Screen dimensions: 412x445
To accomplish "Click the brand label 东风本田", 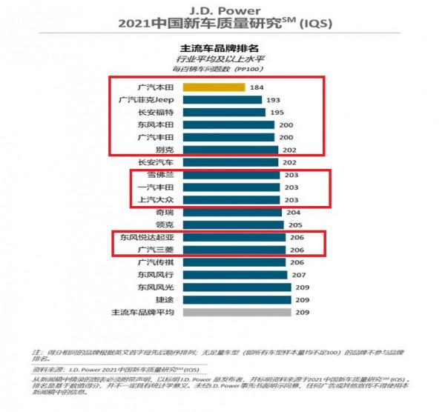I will (154, 124).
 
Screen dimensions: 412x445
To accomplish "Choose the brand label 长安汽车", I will (154, 162).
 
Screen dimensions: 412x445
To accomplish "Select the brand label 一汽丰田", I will (154, 187).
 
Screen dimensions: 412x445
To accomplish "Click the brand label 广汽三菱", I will (154, 250).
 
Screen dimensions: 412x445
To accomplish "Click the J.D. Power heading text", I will (222, 10).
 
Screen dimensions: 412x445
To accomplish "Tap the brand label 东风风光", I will (154, 287).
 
